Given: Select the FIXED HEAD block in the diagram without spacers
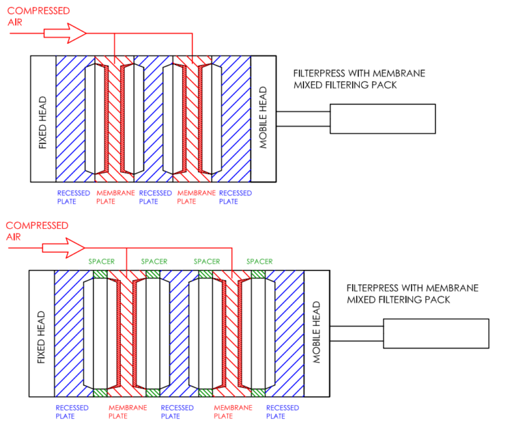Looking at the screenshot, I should (x=43, y=118).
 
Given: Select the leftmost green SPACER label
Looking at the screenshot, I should (x=102, y=261).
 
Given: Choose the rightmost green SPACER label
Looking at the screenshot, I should (x=259, y=261).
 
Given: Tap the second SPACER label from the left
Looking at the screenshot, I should (x=154, y=261).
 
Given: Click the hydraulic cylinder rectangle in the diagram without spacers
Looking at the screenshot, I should (x=382, y=118).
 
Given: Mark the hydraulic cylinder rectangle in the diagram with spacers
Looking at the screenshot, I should (x=436, y=333).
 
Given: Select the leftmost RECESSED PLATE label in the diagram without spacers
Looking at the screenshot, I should (x=73, y=197).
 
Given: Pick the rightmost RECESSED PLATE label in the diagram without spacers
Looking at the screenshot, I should (x=235, y=197).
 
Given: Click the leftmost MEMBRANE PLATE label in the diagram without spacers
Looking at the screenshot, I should (x=116, y=197).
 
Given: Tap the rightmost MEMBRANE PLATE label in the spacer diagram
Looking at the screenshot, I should (x=233, y=412).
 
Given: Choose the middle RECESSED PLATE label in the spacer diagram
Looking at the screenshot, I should (x=177, y=412).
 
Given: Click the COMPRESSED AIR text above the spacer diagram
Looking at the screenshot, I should (x=37, y=231).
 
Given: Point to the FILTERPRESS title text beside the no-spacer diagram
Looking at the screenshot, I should (x=359, y=79).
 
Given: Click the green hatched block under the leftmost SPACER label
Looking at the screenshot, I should (x=101, y=274).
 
